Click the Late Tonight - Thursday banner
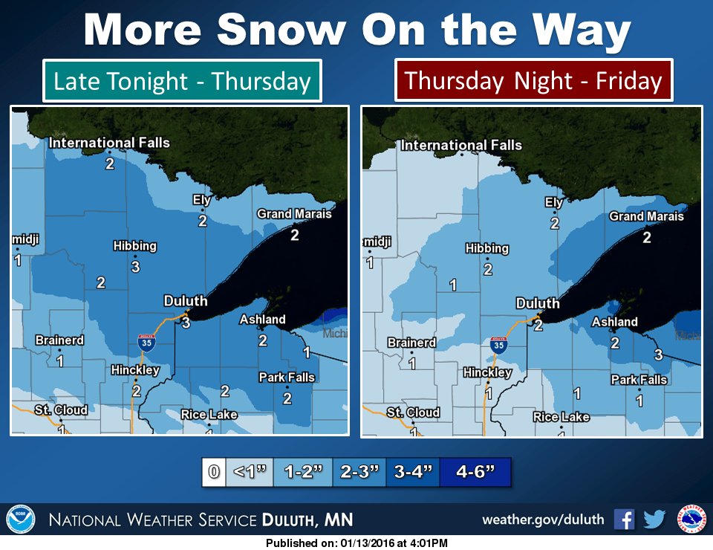point(182,80)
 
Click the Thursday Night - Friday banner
point(533,80)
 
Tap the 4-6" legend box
point(475,473)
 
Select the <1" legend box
point(248,473)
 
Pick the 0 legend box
point(213,473)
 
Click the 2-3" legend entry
point(359,473)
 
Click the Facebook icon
point(624,519)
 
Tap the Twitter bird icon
point(654,519)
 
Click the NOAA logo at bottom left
point(20,519)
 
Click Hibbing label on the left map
point(134,246)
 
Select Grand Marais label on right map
point(646,216)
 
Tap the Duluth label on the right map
point(538,303)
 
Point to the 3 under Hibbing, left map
point(135,265)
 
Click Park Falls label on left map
point(287,378)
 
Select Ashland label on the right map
point(614,322)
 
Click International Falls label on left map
point(109,143)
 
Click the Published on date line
point(356,543)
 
